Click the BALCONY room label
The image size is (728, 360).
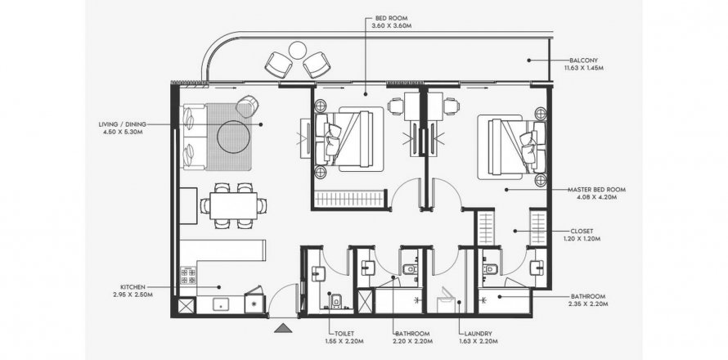[583, 61]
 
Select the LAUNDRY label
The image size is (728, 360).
[478, 334]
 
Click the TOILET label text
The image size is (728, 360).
[344, 334]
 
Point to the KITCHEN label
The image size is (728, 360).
[133, 287]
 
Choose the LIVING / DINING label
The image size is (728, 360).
[122, 124]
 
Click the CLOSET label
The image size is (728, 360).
[582, 231]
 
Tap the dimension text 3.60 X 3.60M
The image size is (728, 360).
[391, 26]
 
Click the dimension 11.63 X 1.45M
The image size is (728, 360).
[583, 68]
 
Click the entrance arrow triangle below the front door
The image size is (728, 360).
[283, 328]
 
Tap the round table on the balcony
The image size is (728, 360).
[297, 50]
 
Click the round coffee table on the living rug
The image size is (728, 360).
[235, 137]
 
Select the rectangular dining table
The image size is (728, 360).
[233, 206]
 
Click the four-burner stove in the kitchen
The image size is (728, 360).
[188, 275]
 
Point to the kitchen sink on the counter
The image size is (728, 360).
[221, 304]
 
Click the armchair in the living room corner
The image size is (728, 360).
[247, 106]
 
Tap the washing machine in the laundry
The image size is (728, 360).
[447, 300]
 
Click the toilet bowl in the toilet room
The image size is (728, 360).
[336, 301]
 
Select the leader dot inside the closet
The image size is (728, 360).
[515, 231]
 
